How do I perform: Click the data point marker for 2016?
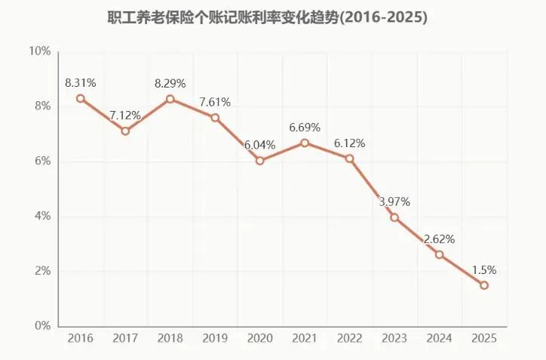81,98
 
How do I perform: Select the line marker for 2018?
170,99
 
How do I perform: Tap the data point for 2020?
260,161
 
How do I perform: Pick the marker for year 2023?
394,217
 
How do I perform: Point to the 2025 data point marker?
484,285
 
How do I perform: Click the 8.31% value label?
81,82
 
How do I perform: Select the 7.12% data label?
125,115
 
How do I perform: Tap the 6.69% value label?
305,127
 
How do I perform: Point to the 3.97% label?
394,202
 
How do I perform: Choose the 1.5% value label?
484,269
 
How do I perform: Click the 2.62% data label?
439,238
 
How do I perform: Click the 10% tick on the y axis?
39,51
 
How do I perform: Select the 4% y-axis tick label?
42,217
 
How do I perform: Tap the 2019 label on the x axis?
215,338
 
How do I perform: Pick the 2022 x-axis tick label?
349,338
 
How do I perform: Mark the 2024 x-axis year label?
439,338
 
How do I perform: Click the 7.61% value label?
215,102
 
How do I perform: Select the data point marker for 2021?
305,143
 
